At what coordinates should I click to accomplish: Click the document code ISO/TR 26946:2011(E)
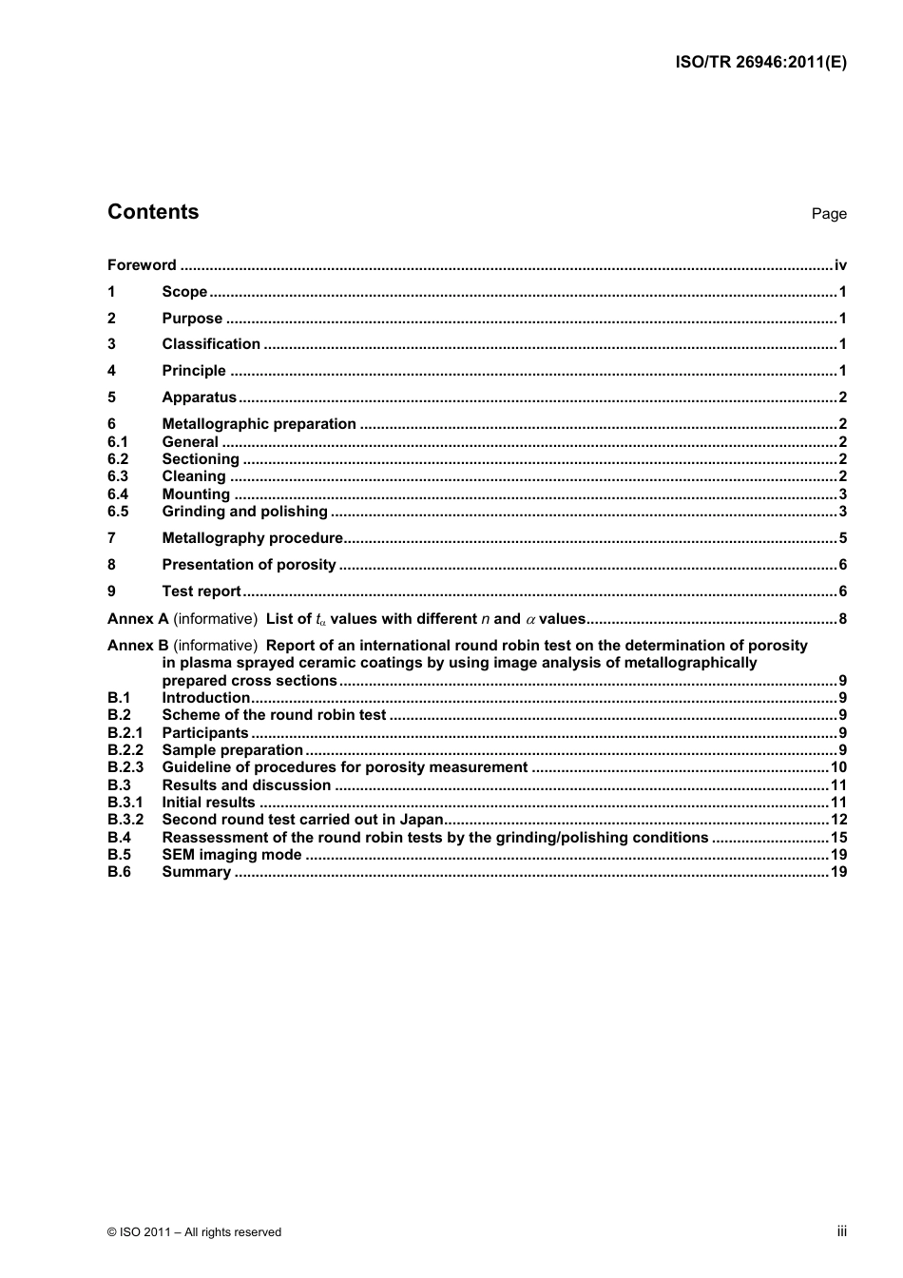point(760,63)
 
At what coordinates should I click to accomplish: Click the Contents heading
point(153,212)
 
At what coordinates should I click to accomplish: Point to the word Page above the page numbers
point(828,214)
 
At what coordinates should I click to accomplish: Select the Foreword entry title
point(142,265)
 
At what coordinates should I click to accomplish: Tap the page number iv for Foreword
point(840,265)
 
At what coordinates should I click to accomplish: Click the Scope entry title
point(184,292)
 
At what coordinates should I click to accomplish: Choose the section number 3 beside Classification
point(112,344)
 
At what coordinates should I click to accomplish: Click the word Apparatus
point(199,397)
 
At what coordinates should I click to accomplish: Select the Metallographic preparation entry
point(259,424)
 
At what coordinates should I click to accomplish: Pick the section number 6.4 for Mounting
point(118,494)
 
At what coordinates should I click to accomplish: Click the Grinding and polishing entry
point(244,512)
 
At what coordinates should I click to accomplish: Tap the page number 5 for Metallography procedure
point(842,538)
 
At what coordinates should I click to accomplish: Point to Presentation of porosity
point(248,565)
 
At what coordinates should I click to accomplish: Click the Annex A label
point(138,619)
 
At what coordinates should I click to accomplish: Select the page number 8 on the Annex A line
point(842,619)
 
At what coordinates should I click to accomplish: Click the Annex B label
point(138,646)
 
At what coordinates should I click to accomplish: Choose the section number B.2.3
point(125,767)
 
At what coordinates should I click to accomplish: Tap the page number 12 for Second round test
point(838,820)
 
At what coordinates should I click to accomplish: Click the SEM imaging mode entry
point(231,855)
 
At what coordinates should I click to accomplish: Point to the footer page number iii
point(841,1231)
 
